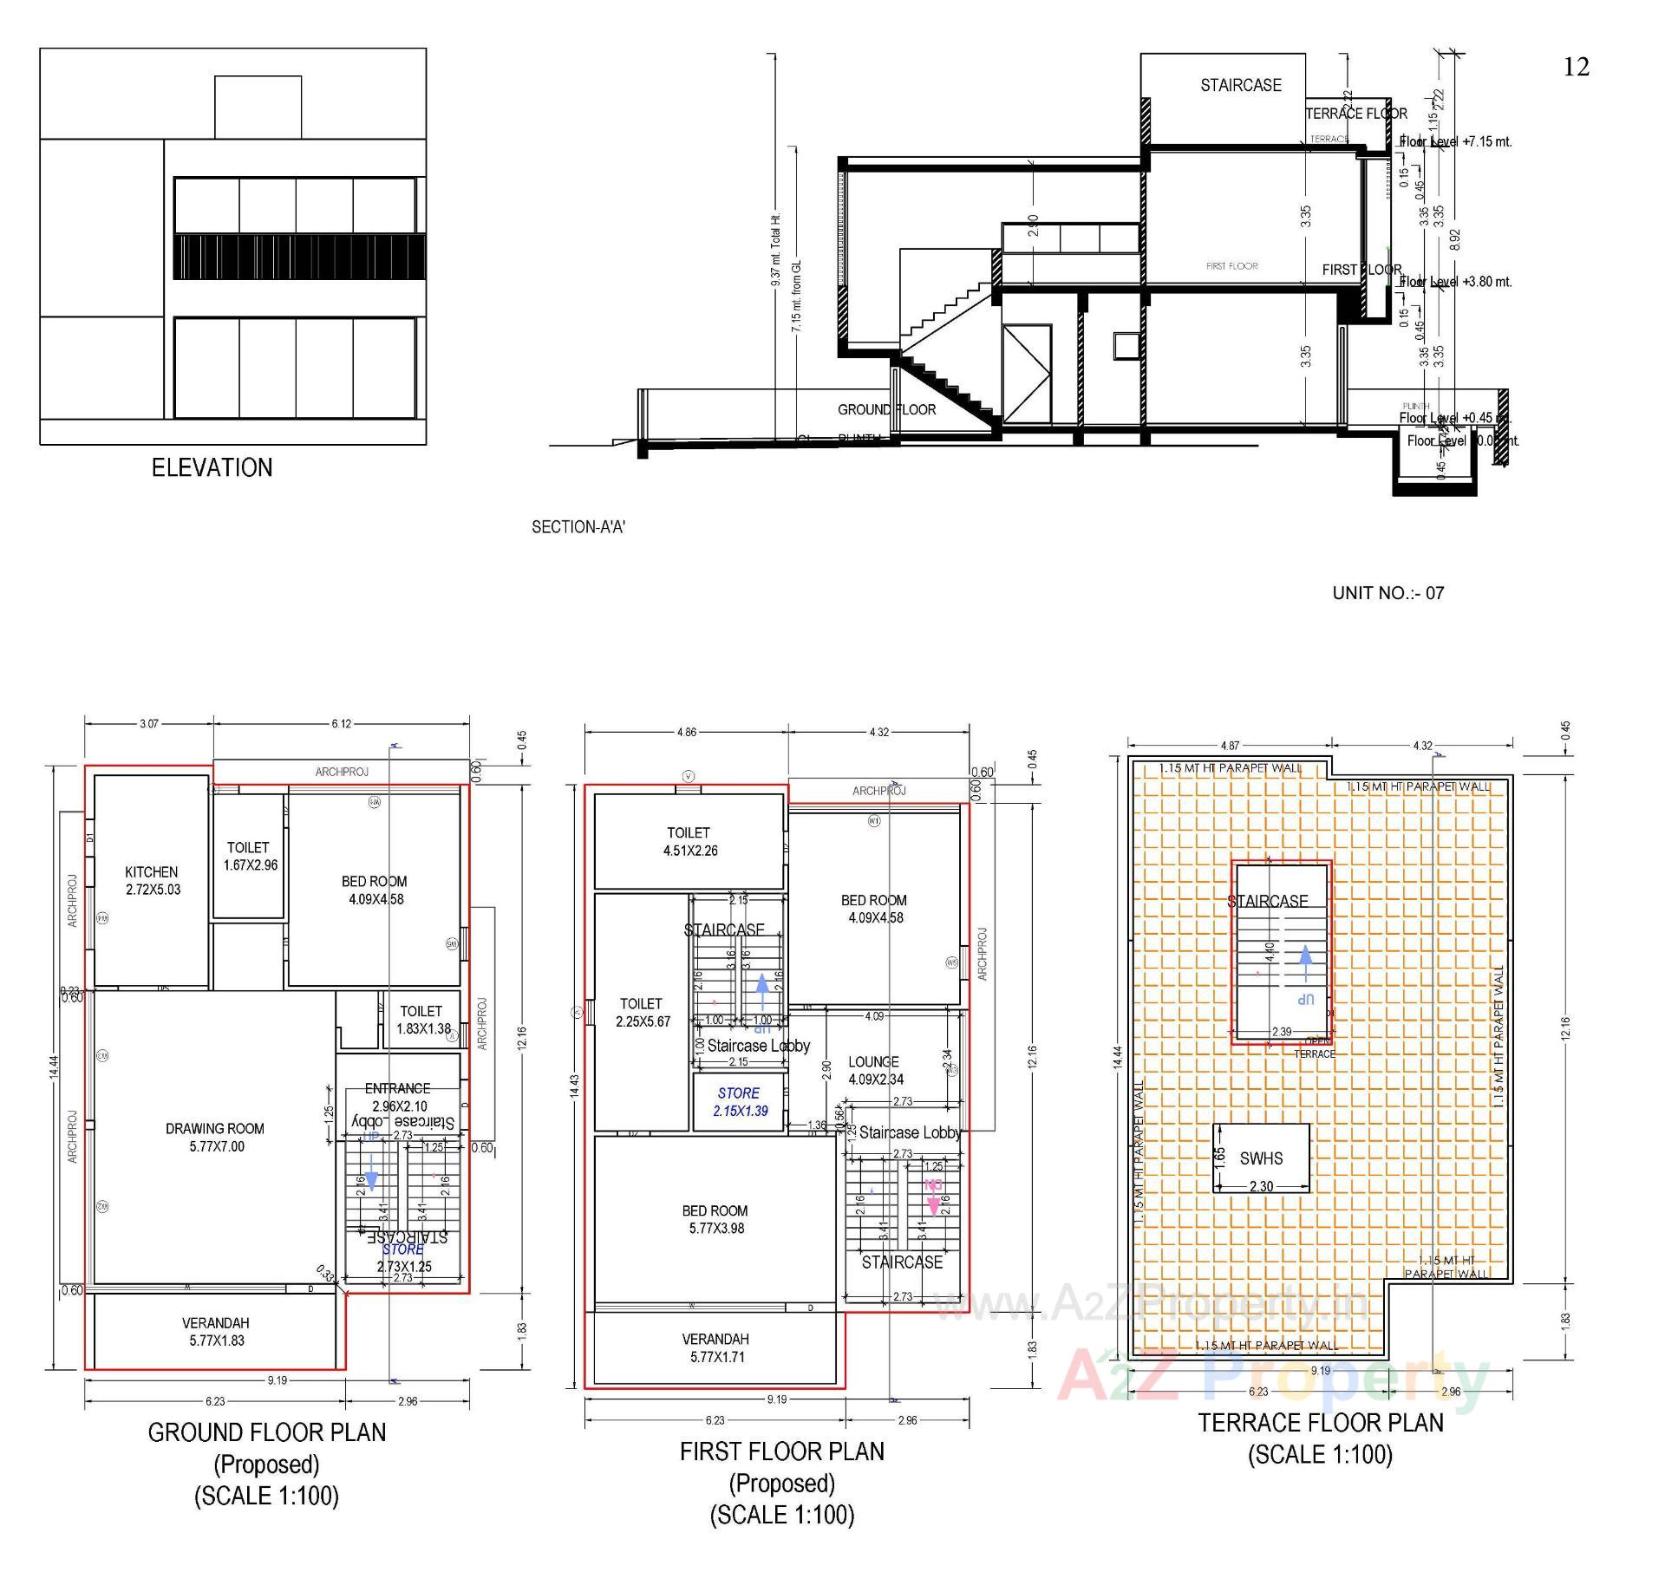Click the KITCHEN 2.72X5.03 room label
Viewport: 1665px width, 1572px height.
coord(152,880)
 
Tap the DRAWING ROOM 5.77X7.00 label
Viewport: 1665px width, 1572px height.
coord(215,1137)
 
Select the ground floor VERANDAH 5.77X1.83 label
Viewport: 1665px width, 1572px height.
coord(215,1331)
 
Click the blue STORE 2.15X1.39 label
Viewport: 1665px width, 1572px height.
coord(739,1102)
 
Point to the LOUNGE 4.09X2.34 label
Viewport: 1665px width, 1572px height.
coord(874,1070)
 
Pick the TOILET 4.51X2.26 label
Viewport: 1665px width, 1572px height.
coord(689,841)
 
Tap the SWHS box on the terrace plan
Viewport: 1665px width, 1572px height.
coord(1261,1158)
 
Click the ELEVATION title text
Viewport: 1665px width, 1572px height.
coord(212,468)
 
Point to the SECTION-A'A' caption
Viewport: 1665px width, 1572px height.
coord(578,527)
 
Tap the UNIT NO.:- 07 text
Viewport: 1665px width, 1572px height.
coord(1387,593)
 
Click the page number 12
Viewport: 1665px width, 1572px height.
coord(1576,67)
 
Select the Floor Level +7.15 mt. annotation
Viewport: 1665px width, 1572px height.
coord(1455,141)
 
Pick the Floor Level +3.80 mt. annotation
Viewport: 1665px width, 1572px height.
coord(1455,282)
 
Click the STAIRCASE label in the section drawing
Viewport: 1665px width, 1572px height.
coord(1240,85)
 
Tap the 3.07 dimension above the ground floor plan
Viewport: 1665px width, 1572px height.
coord(149,723)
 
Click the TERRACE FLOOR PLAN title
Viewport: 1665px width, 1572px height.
coord(1320,1423)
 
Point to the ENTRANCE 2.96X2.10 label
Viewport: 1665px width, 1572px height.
coord(397,1097)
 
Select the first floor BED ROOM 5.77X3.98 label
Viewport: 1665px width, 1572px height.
coord(715,1219)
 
